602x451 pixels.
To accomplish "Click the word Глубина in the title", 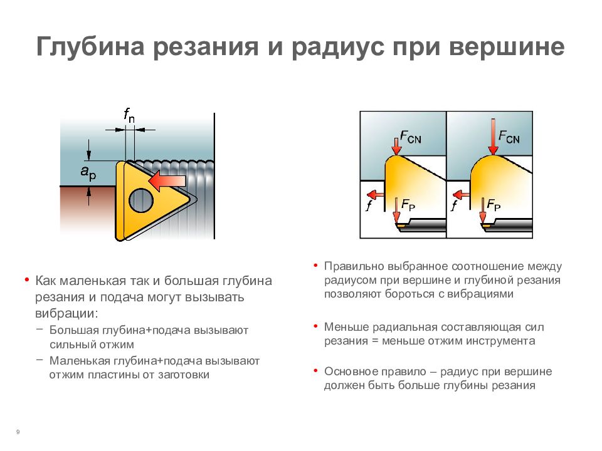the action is coord(90,48).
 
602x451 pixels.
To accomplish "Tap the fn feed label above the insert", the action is coord(129,115).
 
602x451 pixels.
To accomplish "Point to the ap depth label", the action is coord(88,173).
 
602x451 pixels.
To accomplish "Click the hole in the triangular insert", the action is coord(141,200).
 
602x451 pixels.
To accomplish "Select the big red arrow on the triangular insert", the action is coord(167,180).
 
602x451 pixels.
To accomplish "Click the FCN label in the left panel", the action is coord(410,137).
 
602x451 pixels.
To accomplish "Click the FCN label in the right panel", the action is coord(509,137).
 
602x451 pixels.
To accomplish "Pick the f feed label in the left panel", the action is coord(369,205).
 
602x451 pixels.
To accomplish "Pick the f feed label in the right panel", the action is coord(454,205).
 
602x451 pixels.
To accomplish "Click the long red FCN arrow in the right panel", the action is coord(493,137).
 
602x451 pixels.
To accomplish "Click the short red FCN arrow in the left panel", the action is coord(396,145).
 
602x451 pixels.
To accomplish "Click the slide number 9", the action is coord(18,432).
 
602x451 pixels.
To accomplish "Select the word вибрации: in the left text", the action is coord(67,313).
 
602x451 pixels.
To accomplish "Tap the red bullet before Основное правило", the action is coord(315,370).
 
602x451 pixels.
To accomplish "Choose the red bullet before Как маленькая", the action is coord(27,279).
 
